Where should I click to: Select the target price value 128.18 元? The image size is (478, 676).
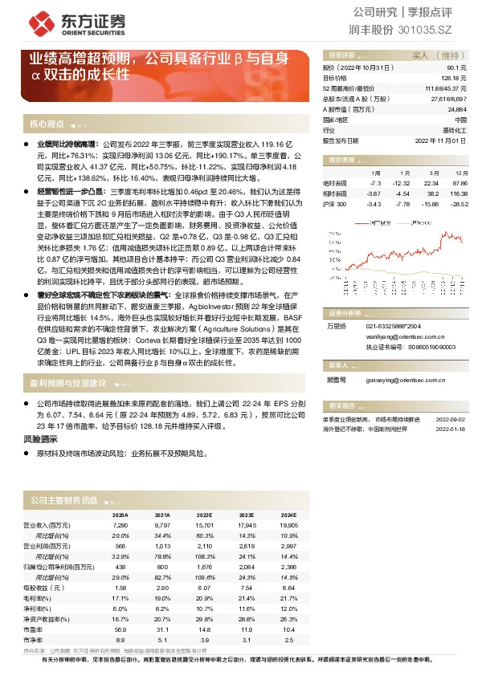tap(454, 78)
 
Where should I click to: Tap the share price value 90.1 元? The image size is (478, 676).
tap(458, 68)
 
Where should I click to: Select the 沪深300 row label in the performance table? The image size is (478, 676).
tap(334, 205)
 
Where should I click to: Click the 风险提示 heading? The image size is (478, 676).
tap(39, 441)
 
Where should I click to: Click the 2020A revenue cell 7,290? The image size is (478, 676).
tap(120, 524)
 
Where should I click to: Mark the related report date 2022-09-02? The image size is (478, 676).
tap(450, 418)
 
